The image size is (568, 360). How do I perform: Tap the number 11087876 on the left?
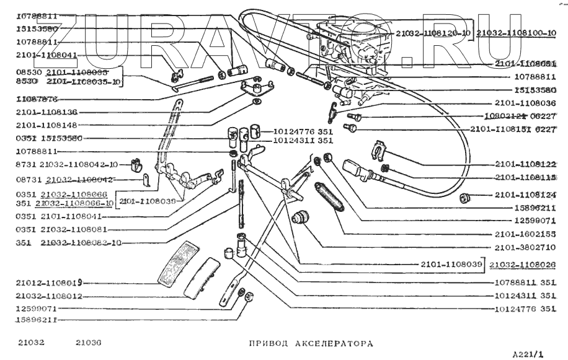[37, 99]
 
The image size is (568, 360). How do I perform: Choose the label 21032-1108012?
[50, 296]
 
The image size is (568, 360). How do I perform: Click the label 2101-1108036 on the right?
[525, 103]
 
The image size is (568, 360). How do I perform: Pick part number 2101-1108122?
[525, 164]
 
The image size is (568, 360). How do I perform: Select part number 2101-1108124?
[525, 195]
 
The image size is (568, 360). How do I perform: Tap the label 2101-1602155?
[525, 235]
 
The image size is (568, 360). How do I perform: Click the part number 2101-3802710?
[525, 248]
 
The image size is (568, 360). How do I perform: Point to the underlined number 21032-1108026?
[522, 265]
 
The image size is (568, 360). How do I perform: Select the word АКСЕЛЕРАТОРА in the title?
[338, 342]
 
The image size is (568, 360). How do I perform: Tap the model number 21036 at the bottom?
[89, 342]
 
